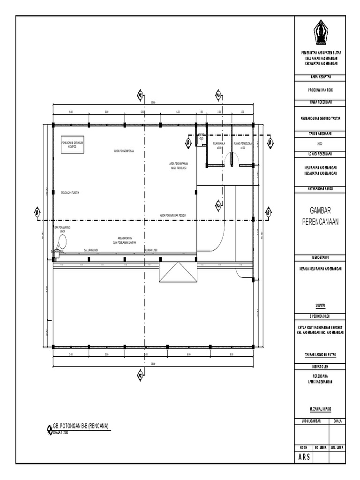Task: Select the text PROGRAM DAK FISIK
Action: [x=320, y=90]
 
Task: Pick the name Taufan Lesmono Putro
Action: [x=320, y=355]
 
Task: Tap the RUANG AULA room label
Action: [x=219, y=143]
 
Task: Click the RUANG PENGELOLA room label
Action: [x=243, y=143]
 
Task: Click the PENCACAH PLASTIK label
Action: [x=70, y=192]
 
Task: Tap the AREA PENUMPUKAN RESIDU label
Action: [x=173, y=215]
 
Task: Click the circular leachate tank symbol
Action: [x=61, y=242]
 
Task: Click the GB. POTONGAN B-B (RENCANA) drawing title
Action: [x=81, y=427]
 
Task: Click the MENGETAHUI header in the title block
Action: [x=320, y=257]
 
